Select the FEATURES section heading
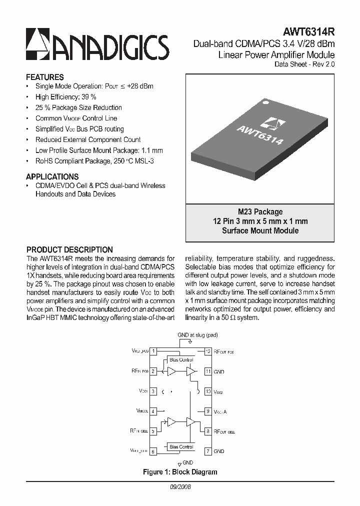45,77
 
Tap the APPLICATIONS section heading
52,176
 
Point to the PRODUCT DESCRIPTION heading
69,249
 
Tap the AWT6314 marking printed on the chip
260,134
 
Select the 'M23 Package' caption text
260,211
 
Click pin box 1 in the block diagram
154,351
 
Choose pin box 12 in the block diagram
208,351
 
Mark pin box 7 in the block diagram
208,451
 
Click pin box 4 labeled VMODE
154,411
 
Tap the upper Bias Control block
181,359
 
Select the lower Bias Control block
181,446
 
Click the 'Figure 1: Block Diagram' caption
180,472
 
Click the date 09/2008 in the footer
180,486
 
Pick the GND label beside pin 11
219,371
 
